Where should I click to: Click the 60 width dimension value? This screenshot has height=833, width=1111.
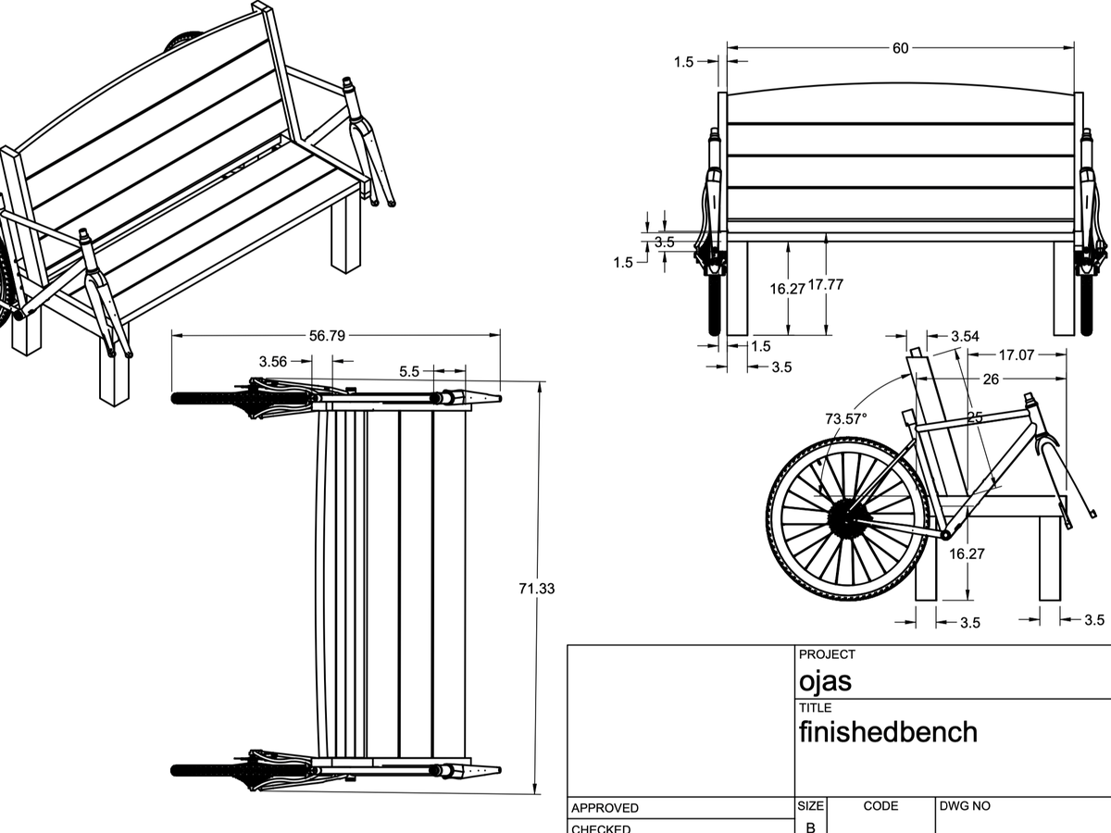click(900, 48)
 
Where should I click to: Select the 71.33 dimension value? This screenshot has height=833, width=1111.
click(537, 589)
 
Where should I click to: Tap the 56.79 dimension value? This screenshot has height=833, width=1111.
click(327, 336)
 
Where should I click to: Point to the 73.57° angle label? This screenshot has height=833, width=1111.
click(846, 419)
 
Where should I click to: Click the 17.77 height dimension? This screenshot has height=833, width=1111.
click(826, 285)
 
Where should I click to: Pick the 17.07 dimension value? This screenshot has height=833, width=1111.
click(1017, 354)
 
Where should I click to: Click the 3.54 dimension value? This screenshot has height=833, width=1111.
click(965, 336)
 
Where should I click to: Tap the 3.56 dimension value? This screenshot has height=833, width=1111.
click(273, 362)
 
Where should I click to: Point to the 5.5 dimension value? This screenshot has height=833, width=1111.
click(410, 371)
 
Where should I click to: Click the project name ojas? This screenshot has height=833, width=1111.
click(825, 682)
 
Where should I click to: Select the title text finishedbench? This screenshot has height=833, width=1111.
click(888, 732)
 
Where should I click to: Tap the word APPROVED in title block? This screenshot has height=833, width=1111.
click(605, 808)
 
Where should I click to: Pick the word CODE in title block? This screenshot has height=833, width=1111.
click(880, 806)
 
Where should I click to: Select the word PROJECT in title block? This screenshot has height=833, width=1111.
click(827, 654)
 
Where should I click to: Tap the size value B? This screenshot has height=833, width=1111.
click(810, 827)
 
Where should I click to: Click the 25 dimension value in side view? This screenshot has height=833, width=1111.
click(974, 417)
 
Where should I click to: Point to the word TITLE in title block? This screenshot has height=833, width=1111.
click(815, 708)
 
